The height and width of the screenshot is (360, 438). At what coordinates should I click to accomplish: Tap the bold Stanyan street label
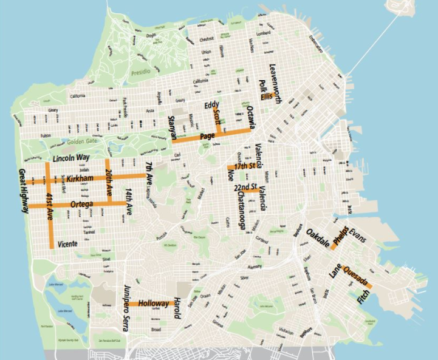pyautogui.click(x=172, y=128)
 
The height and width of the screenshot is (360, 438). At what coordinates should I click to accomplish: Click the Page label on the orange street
pyautogui.click(x=207, y=136)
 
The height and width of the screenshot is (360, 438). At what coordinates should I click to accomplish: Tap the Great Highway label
pyautogui.click(x=23, y=191)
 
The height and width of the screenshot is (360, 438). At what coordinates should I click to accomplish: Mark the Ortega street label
pyautogui.click(x=81, y=205)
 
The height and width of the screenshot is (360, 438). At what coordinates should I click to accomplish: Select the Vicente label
pyautogui.click(x=67, y=244)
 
